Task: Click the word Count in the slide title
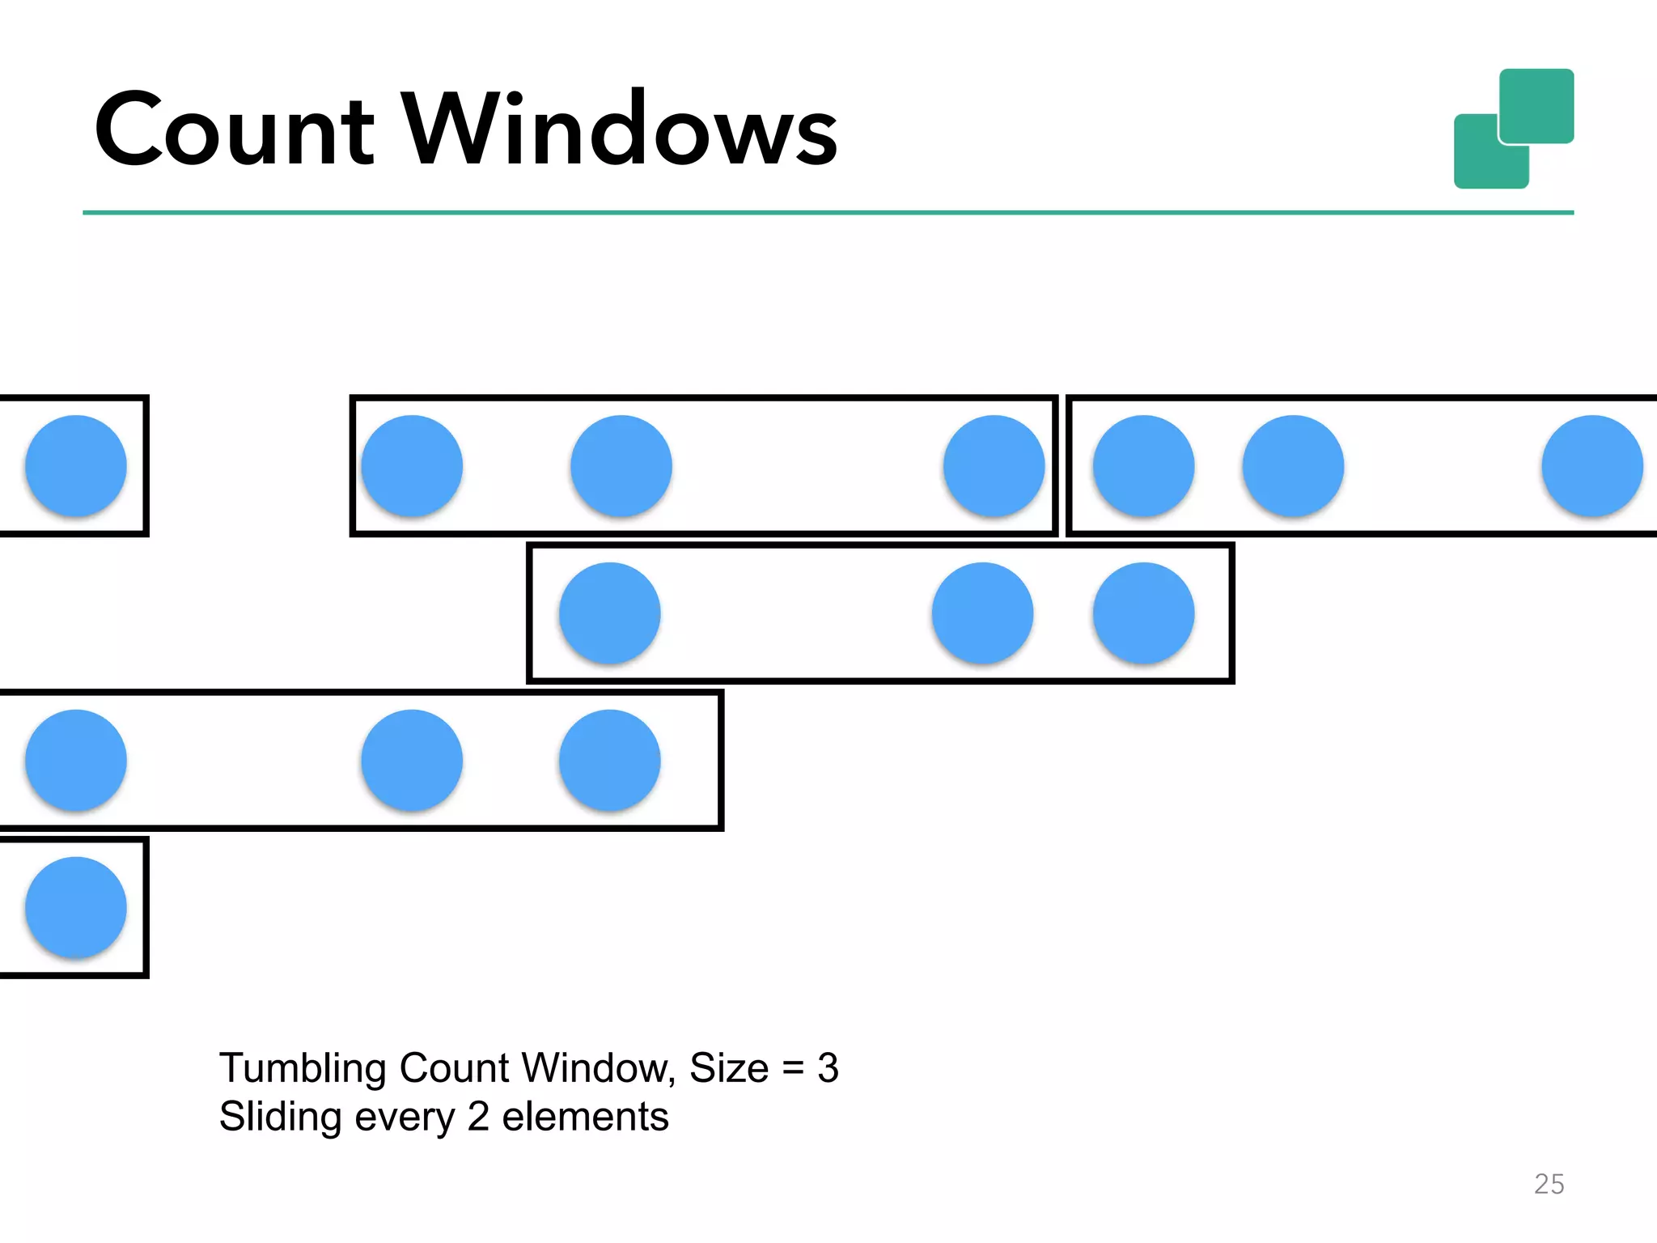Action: pyautogui.click(x=235, y=129)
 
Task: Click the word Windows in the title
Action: pyautogui.click(x=620, y=129)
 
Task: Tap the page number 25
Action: pyautogui.click(x=1549, y=1184)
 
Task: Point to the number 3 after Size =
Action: pyautogui.click(x=828, y=1068)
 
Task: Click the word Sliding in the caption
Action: pyautogui.click(x=280, y=1118)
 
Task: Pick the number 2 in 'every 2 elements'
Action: pyautogui.click(x=478, y=1118)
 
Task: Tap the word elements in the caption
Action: pyautogui.click(x=585, y=1118)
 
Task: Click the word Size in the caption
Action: pyautogui.click(x=728, y=1068)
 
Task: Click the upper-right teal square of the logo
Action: pyautogui.click(x=1536, y=105)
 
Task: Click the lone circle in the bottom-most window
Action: pyautogui.click(x=76, y=907)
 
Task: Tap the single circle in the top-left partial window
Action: pyautogui.click(x=76, y=466)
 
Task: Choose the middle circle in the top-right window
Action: pyautogui.click(x=1293, y=466)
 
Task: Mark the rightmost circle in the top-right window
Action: pyautogui.click(x=1591, y=466)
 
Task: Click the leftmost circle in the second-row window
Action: pyautogui.click(x=610, y=613)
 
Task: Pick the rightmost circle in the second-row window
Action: pyautogui.click(x=1143, y=613)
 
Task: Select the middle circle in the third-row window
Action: pyautogui.click(x=412, y=761)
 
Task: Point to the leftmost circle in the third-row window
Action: pyautogui.click(x=76, y=761)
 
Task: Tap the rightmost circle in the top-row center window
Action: pyautogui.click(x=994, y=466)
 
